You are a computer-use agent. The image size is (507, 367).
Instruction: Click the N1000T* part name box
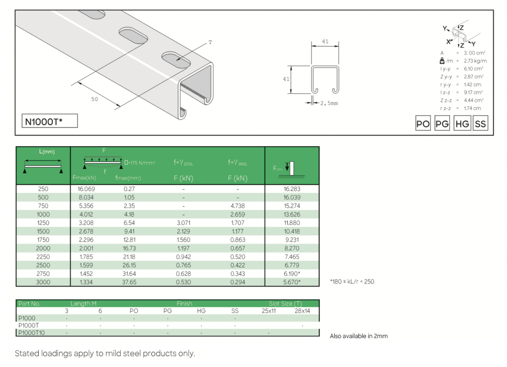tap(50, 121)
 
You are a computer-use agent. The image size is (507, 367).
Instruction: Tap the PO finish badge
tap(423, 124)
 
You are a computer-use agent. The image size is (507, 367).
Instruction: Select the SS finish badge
tap(480, 124)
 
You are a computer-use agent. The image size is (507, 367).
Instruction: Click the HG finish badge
tap(462, 124)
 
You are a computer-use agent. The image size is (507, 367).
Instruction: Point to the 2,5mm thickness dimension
tap(329, 103)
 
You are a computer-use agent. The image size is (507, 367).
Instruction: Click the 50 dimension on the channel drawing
tap(95, 99)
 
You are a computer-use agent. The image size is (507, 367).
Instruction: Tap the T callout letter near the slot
tap(210, 42)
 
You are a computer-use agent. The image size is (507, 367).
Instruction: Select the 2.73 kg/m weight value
tap(475, 61)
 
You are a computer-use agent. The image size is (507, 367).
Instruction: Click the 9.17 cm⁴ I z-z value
tap(473, 92)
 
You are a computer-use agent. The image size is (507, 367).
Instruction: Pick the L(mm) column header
tap(47, 152)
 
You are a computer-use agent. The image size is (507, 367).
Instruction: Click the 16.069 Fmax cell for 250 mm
tap(86, 189)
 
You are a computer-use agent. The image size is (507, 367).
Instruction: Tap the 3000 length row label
tap(43, 282)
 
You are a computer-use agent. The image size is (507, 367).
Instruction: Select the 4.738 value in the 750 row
tap(238, 206)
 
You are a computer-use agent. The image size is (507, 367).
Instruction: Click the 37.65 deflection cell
tap(129, 282)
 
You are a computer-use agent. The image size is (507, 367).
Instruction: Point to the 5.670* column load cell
tap(292, 282)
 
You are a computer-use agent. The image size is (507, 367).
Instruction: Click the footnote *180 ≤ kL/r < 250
tap(352, 282)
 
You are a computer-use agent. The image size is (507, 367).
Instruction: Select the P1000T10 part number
tap(31, 333)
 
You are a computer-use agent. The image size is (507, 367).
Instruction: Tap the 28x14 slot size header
tap(302, 311)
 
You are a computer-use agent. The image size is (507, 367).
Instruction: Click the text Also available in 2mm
tap(359, 336)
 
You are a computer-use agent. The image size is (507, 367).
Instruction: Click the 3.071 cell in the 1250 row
tap(184, 223)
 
